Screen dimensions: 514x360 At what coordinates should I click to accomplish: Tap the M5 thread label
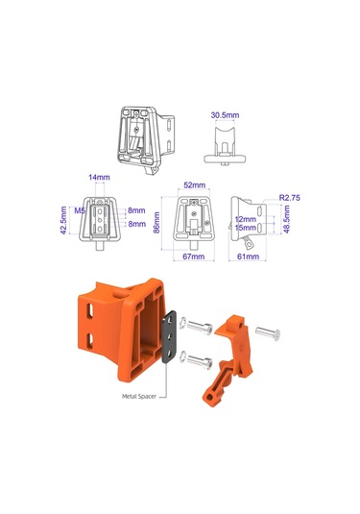[x=81, y=209]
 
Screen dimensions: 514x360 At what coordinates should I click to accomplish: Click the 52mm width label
[x=194, y=184]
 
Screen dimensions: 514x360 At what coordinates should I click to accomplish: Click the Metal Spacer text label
[x=139, y=395]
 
